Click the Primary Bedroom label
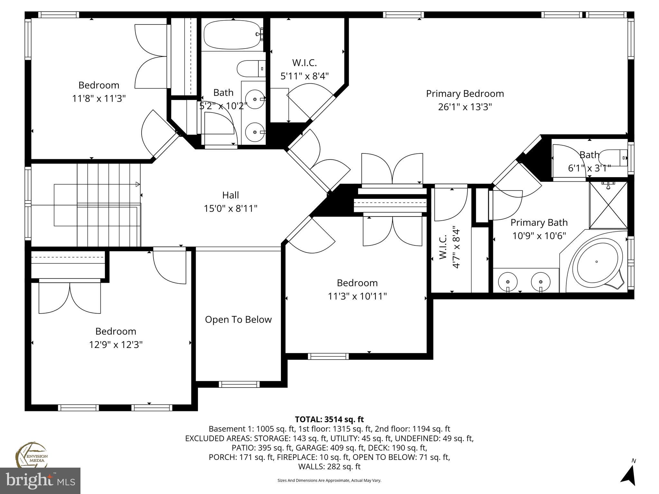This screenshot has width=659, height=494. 465,94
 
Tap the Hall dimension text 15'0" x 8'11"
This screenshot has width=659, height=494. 230,209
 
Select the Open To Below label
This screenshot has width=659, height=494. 238,319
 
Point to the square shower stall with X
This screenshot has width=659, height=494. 608,205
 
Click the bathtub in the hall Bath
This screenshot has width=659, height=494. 232,34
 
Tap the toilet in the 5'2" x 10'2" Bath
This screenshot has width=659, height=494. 251,69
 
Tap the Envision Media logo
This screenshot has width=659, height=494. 31,455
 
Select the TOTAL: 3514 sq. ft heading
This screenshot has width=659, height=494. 329,419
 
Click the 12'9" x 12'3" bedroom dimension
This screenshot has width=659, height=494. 116,345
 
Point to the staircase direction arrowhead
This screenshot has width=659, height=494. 138,184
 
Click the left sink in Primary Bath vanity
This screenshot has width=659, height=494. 508,280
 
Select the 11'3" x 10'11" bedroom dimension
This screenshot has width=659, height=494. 357,296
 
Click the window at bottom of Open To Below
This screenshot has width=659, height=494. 239,384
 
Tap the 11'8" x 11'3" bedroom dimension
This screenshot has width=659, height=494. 99,98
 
